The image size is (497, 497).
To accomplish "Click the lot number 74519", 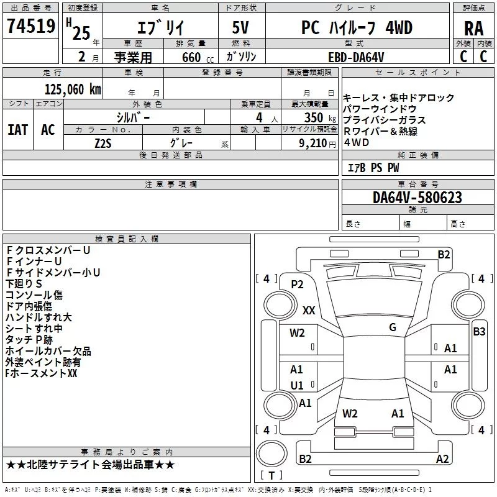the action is (x=31, y=26).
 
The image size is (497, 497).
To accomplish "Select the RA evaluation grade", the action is (x=473, y=29).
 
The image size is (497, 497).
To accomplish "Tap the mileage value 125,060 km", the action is (x=73, y=89).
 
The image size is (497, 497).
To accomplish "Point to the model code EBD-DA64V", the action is (x=356, y=57).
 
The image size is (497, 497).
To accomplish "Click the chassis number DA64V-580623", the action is (x=417, y=198).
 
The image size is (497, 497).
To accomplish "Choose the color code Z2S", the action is (x=103, y=144).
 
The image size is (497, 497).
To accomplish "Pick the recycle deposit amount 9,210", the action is (x=313, y=144).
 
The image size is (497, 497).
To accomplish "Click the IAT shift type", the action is (x=18, y=130).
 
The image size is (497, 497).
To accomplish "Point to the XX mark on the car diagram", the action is (x=309, y=310).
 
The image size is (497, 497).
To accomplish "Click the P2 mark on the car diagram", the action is (x=297, y=285).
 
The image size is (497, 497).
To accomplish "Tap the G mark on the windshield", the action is (x=393, y=327).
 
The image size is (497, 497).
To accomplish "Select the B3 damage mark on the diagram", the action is (x=479, y=332).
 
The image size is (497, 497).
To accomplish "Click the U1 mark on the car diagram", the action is (x=297, y=385).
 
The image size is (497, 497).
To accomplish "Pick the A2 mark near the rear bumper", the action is (x=442, y=458).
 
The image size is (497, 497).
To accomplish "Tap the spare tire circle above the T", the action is (x=271, y=454).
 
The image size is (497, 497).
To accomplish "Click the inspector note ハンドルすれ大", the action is (x=39, y=317).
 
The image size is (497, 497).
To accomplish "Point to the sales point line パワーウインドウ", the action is (x=380, y=109).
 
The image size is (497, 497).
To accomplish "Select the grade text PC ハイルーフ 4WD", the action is (x=357, y=28).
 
